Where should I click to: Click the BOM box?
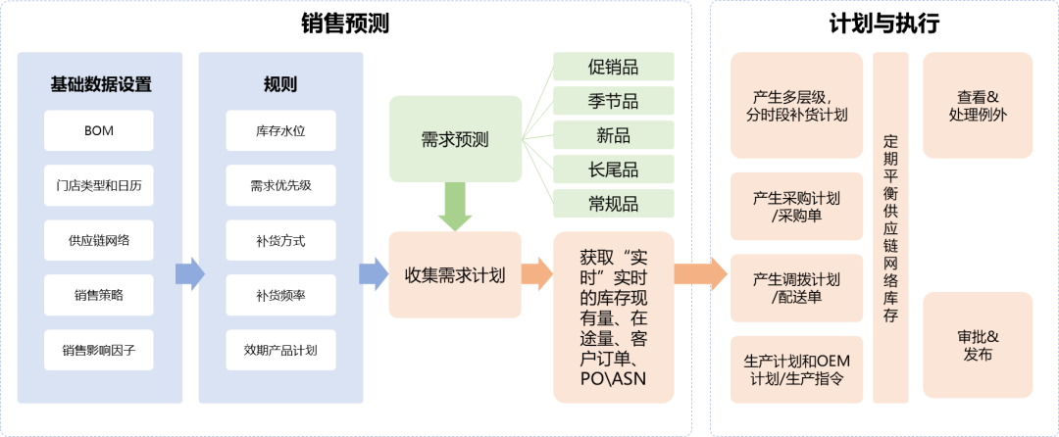coord(99,130)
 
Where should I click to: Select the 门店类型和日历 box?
coord(99,185)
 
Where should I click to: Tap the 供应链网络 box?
coord(99,240)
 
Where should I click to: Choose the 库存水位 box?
coord(281,130)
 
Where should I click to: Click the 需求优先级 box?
coord(281,185)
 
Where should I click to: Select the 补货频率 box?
coord(281,294)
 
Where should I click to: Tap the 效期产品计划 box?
coord(281,349)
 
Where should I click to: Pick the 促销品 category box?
coord(613,67)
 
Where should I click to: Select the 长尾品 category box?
coord(613,169)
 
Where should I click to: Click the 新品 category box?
coord(613,134)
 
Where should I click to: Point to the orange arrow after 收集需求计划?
coord(536,273)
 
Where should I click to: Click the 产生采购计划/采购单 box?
coord(797,207)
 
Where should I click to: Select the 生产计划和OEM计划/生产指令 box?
coord(797,369)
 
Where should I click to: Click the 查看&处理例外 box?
coord(978,106)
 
